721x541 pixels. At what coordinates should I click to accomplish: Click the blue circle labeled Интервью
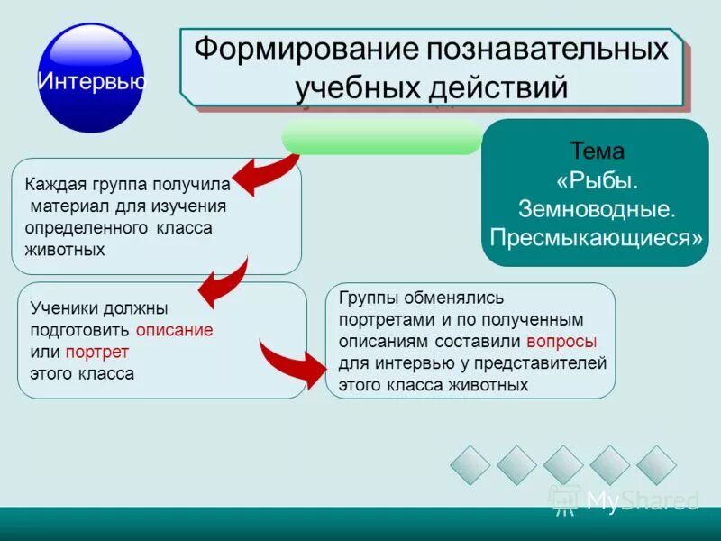pos(91,78)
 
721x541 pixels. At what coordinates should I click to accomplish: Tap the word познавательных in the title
pos(541,49)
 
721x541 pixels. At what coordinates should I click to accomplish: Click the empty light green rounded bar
pos(382,137)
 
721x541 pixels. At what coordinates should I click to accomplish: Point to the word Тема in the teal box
pos(597,151)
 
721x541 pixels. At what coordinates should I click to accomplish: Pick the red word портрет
pos(104,352)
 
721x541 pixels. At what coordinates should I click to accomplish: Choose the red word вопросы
pos(561,342)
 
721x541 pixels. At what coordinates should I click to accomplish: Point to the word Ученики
pos(64,308)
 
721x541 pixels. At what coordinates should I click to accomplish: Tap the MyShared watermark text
pos(642,500)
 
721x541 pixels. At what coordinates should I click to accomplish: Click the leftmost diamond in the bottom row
pos(470,465)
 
